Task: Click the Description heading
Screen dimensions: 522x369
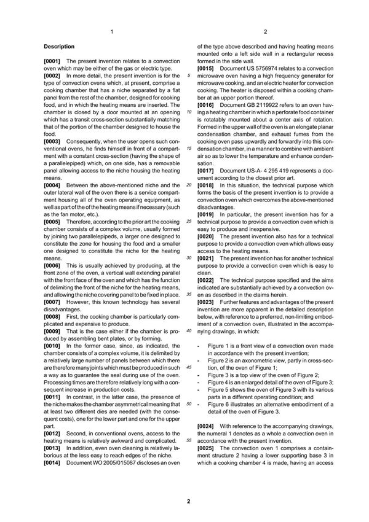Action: [59, 47]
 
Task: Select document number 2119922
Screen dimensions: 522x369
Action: [261, 105]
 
